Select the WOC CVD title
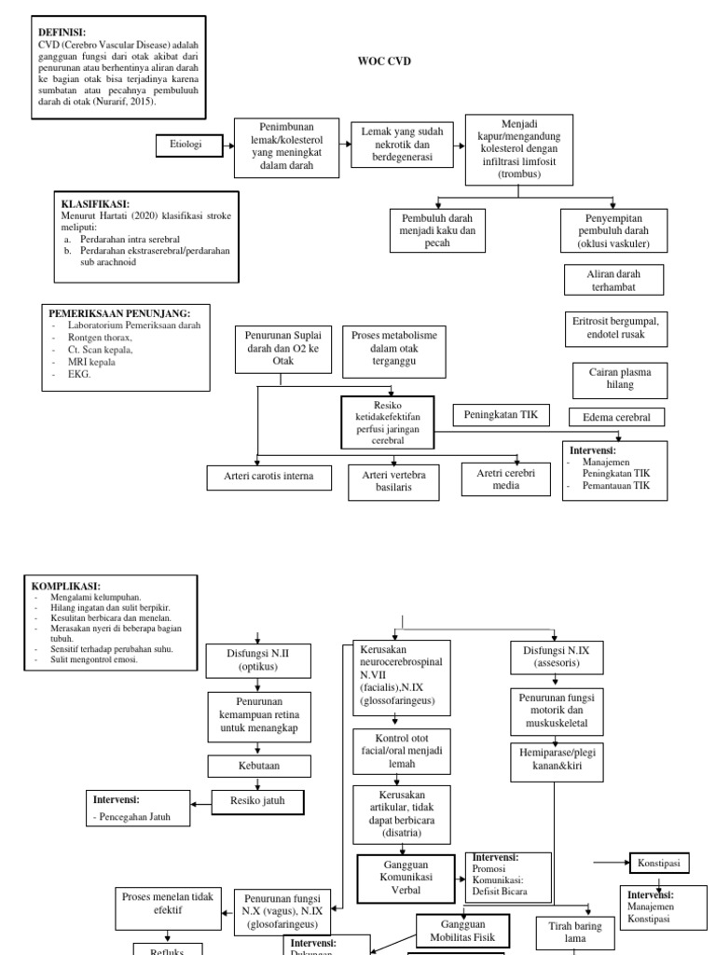tap(385, 61)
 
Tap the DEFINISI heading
tap(62, 32)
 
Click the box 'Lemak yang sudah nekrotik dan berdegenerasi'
tap(403, 145)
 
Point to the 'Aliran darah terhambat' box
tap(613, 280)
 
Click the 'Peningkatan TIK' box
tap(502, 413)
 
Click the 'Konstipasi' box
tap(660, 864)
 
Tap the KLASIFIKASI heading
tap(95, 204)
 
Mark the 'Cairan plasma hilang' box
tap(613, 378)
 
